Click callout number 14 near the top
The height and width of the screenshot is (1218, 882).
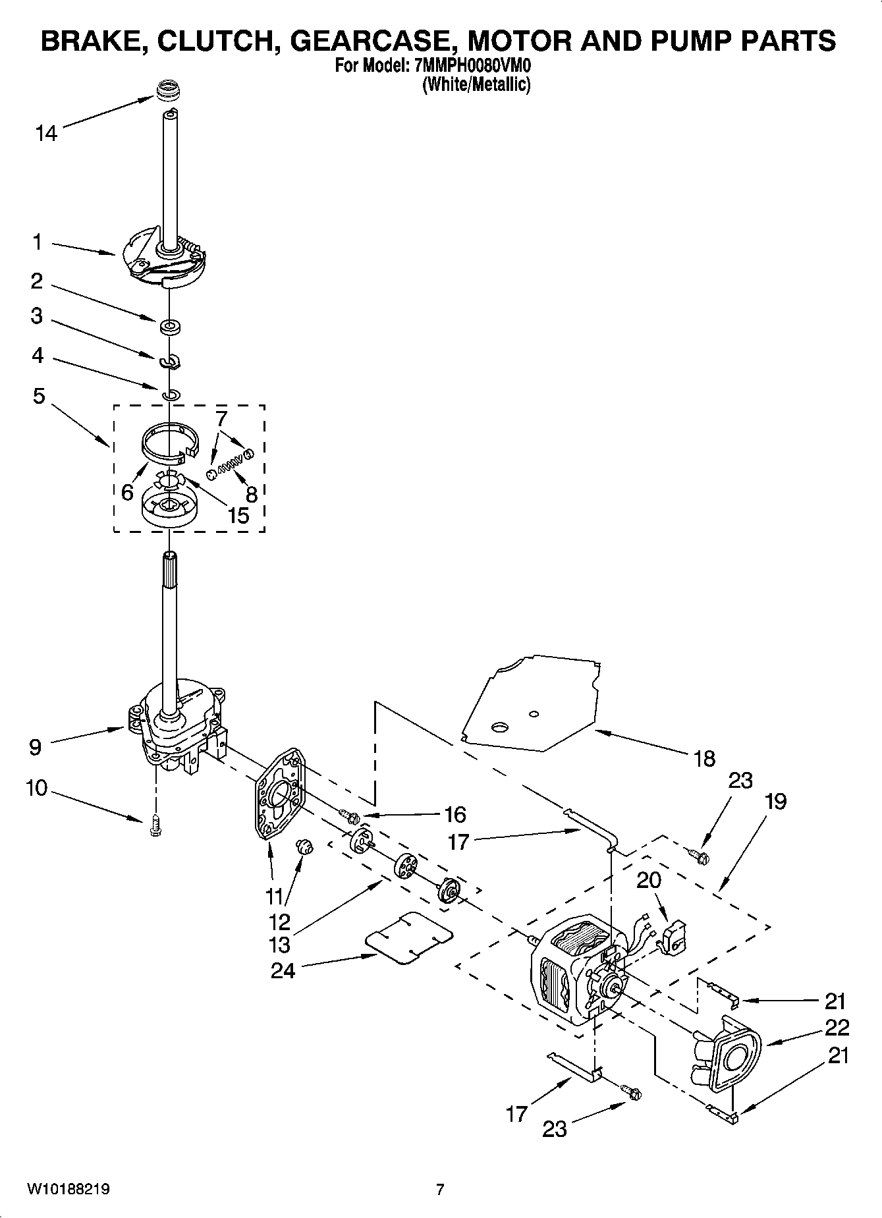46,134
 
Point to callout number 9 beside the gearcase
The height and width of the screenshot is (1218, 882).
35,747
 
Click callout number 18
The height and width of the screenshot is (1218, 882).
704,759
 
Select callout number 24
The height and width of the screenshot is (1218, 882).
283,970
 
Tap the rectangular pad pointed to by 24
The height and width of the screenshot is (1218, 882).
409,939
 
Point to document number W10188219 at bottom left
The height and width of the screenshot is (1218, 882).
68,1190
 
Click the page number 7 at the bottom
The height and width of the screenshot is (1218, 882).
440,1190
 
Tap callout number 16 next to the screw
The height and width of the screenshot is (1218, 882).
455,815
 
